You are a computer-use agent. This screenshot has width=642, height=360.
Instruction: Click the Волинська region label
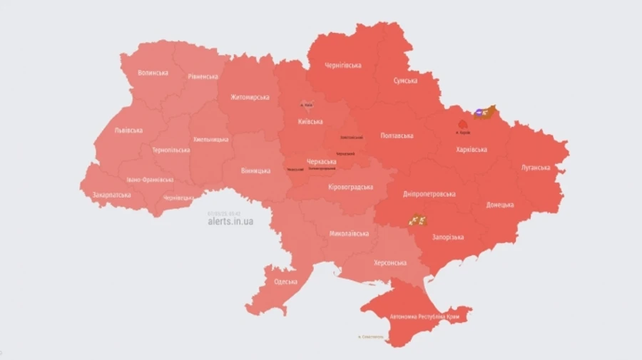153,73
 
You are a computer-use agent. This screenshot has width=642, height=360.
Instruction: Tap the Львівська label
128,130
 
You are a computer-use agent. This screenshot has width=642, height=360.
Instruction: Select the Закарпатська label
111,195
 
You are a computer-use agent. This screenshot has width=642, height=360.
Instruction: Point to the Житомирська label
250,97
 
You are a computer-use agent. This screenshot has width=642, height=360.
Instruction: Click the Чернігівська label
342,66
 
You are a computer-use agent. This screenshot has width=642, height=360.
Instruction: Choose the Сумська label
405,81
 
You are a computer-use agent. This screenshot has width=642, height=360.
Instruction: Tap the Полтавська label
397,135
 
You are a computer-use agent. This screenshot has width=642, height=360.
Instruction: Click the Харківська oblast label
472,150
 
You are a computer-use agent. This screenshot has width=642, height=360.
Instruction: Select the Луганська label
536,168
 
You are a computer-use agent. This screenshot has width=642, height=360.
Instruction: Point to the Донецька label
500,205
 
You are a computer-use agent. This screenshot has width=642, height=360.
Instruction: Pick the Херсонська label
391,263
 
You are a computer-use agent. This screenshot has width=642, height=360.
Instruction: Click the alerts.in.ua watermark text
230,222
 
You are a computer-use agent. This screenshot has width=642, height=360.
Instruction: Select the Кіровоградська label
350,187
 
